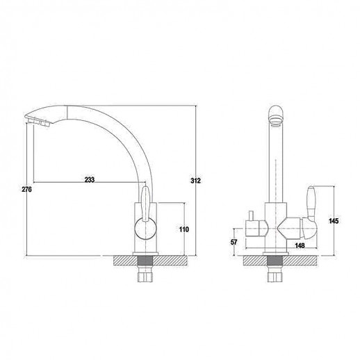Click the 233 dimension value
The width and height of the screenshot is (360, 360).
point(90,179)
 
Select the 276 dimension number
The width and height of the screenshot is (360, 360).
point(26,189)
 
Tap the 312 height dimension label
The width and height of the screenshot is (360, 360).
point(195,181)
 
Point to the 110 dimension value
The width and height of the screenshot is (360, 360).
point(184,229)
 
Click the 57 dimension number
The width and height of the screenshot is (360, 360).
point(234,242)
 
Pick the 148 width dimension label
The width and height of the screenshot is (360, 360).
point(300,245)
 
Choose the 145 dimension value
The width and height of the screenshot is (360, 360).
point(334,221)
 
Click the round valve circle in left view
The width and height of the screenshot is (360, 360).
point(145,229)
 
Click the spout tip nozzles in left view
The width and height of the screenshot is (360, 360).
point(38,122)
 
